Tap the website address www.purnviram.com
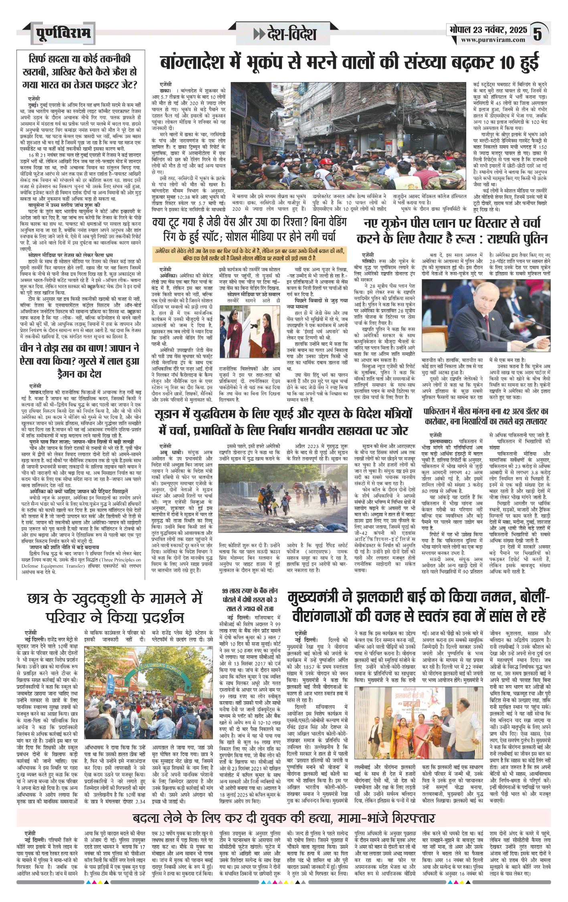pyautogui.click(x=493, y=40)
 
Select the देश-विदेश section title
pyautogui.click(x=285, y=34)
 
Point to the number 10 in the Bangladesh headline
pyautogui.click(x=507, y=63)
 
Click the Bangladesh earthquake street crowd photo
pyautogui.click(x=349, y=136)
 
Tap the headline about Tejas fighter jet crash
pyautogui.click(x=79, y=72)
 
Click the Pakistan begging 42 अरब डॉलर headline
pyautogui.click(x=486, y=417)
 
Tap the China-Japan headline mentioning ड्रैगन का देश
pyautogui.click(x=79, y=361)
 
